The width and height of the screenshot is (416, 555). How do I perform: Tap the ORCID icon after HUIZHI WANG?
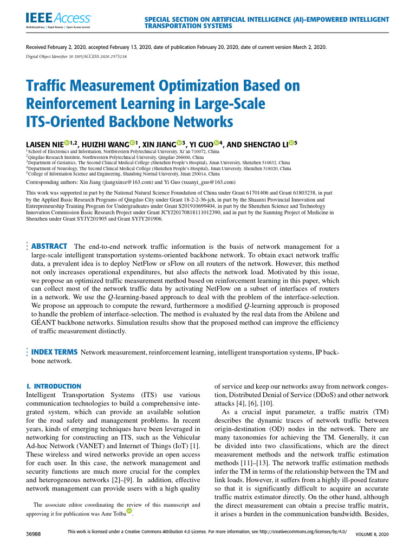[x=132, y=143]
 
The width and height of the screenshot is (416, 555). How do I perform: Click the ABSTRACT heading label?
[x=49, y=246]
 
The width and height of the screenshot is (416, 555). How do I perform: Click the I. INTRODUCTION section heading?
[x=54, y=386]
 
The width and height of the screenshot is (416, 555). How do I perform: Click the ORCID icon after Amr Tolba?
[x=129, y=511]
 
